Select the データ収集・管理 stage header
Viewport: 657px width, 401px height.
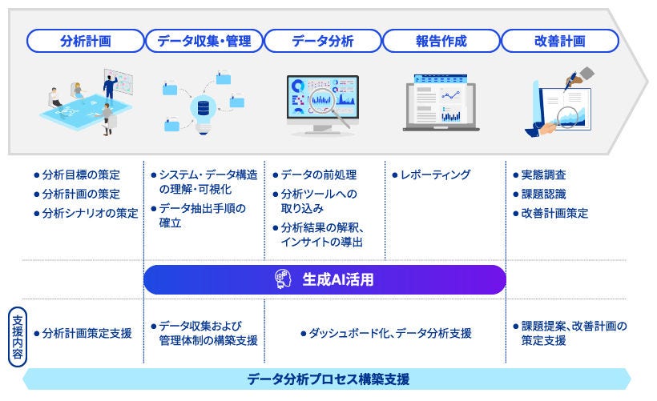(x=204, y=41)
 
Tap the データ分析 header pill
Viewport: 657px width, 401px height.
(x=323, y=41)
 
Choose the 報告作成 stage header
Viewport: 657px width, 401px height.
(x=441, y=41)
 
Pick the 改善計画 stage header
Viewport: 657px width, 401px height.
(x=560, y=41)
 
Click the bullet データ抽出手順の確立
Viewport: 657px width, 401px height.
(x=201, y=215)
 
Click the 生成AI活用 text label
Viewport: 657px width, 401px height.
(x=337, y=280)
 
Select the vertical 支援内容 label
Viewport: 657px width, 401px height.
(x=17, y=337)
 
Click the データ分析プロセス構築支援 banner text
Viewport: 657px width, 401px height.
(x=328, y=379)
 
